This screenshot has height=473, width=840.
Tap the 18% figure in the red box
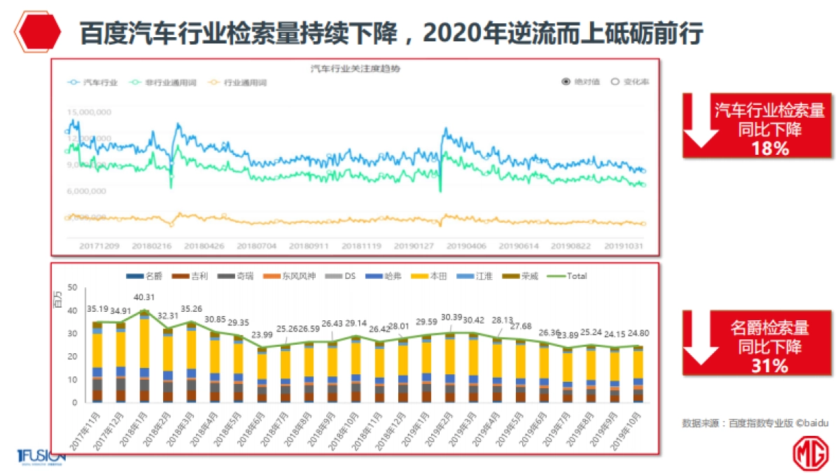(769, 149)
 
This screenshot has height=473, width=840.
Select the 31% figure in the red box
(769, 365)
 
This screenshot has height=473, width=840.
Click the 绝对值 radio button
(577, 81)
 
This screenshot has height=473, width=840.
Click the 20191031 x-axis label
(623, 247)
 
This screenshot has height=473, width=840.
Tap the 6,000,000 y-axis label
(87, 191)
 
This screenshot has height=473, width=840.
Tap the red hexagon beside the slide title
(38, 32)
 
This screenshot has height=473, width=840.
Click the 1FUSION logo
(41, 456)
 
